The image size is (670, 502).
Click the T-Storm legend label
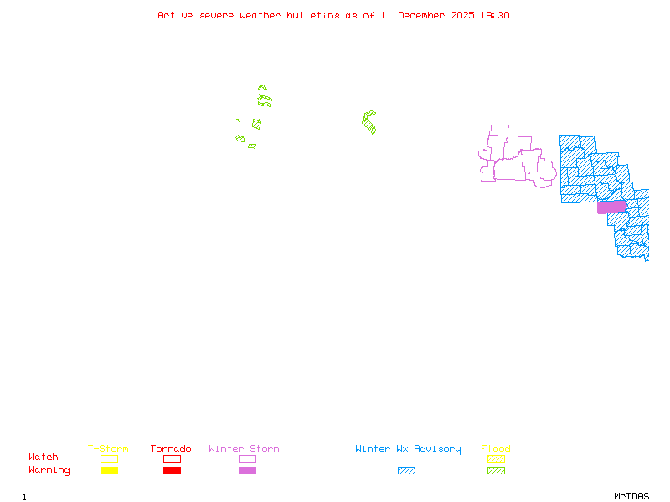coord(108,449)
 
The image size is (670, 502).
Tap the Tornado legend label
coord(171,449)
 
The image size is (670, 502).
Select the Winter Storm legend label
coord(244,449)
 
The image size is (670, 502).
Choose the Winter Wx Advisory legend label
coord(408,449)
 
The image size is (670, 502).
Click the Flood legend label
coord(496,449)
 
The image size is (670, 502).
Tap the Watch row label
coord(44,458)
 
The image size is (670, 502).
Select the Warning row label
coord(49,470)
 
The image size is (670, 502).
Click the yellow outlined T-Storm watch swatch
coord(109,458)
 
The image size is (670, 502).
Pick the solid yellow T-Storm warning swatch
coord(109,471)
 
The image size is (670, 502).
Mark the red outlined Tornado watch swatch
coord(172,458)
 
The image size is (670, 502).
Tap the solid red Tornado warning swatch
coord(172,471)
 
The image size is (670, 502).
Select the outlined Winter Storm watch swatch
coord(247,458)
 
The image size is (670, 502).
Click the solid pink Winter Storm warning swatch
coord(247,471)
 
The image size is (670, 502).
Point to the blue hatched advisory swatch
coord(406,471)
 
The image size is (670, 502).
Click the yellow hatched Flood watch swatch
coord(496,458)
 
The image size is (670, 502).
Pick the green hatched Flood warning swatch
coord(496,471)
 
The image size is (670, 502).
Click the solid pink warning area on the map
coord(611,207)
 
